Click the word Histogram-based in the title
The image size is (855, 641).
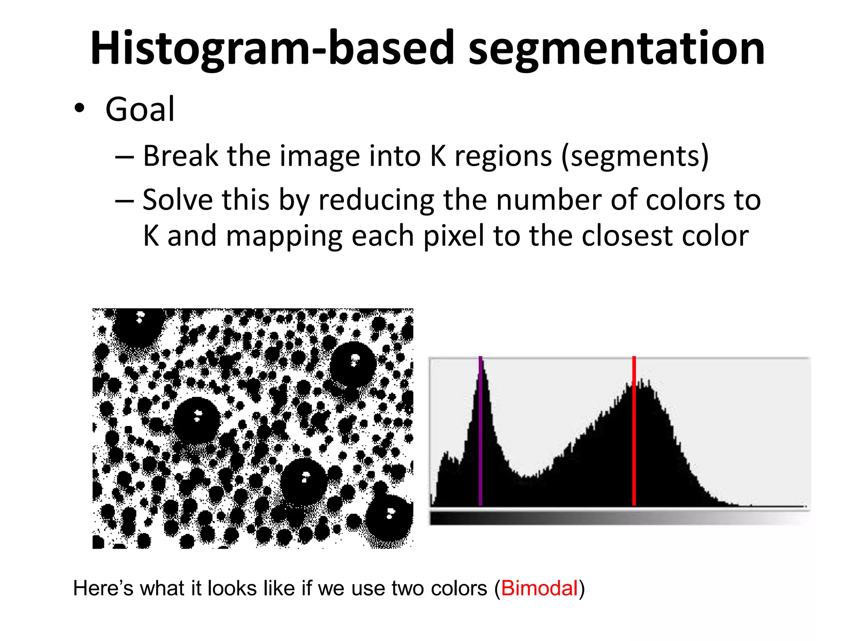tap(271, 49)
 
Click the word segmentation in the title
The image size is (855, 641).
tap(617, 49)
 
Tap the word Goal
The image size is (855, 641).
tap(140, 109)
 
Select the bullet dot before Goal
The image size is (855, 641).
tap(79, 109)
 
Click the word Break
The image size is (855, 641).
tap(180, 156)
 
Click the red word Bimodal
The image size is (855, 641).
tap(539, 588)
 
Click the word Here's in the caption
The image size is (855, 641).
tap(103, 588)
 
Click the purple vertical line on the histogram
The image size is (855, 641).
tap(481, 434)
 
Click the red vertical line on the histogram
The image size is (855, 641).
tap(634, 434)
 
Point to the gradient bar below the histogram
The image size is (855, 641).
tap(620, 518)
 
